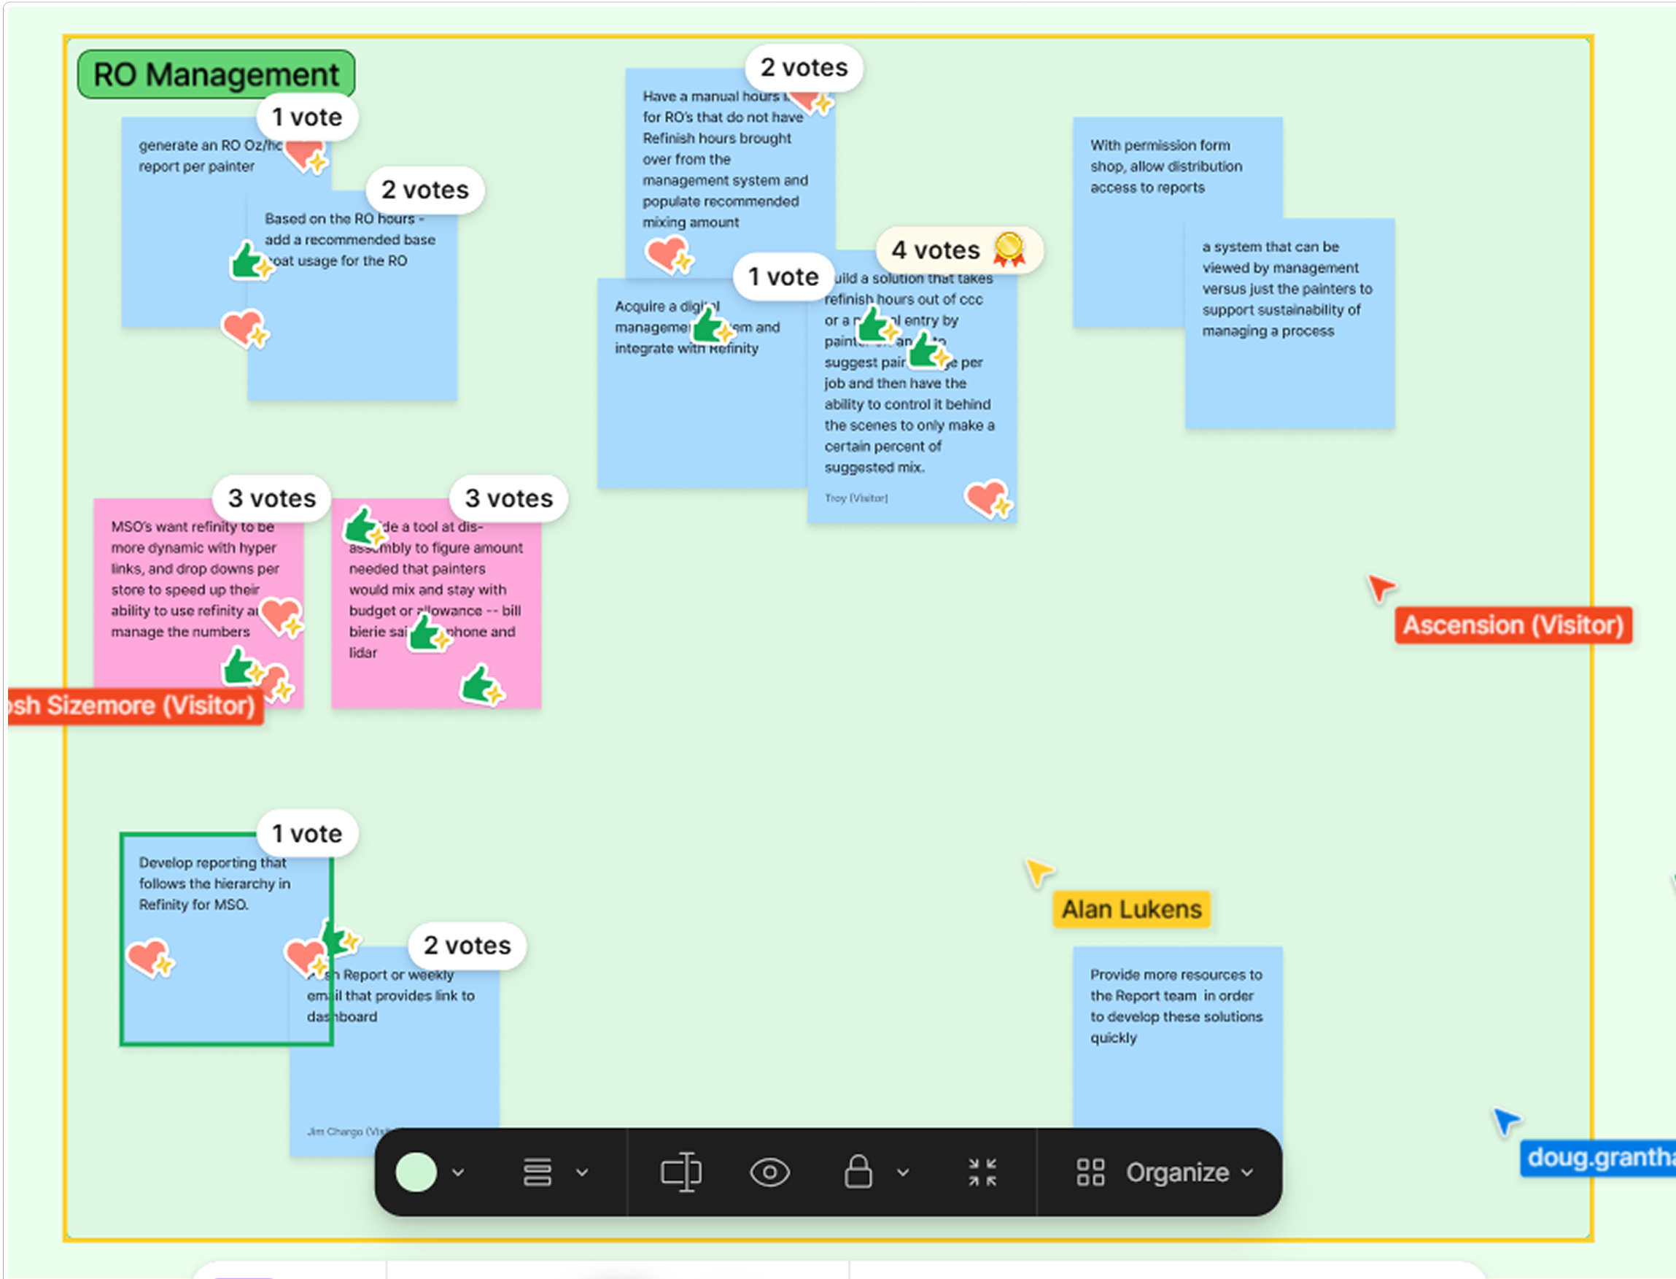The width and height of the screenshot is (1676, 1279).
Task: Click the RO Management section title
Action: coord(216,74)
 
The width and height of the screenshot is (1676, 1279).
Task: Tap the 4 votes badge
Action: coord(936,250)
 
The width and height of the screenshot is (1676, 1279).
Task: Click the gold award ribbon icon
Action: coord(1009,249)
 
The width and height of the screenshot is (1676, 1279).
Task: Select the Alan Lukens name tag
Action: coord(1131,909)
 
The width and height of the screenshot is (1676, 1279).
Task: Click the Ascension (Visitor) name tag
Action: coord(1513,625)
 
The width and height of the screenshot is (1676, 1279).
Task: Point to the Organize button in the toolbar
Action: coord(1165,1172)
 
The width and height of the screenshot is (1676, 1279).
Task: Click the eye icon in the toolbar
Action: coord(769,1172)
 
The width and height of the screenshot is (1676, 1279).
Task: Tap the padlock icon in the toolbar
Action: coord(858,1172)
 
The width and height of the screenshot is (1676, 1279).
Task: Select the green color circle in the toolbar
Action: coord(416,1172)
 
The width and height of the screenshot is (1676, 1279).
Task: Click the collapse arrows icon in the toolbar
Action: coord(982,1172)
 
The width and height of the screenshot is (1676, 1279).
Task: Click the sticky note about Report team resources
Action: coord(1176,1035)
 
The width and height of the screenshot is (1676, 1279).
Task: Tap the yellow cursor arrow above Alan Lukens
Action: coord(1037,871)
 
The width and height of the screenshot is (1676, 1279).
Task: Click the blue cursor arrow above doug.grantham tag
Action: coord(1505,1121)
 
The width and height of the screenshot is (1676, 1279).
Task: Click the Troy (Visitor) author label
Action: coord(856,498)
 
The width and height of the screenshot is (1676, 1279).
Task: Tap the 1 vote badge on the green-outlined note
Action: coord(308,834)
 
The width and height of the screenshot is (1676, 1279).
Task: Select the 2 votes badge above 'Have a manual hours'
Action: coord(804,68)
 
